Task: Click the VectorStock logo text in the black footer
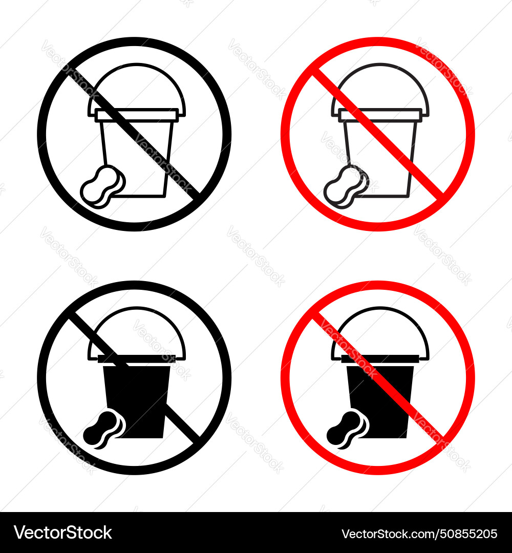pos(61,533)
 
